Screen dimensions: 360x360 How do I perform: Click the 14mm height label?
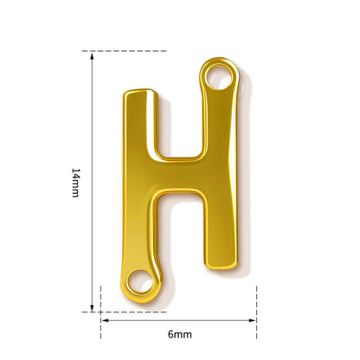pyautogui.click(x=75, y=183)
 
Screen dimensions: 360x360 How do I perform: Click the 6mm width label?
pyautogui.click(x=180, y=334)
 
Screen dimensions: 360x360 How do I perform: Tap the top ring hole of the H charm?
pyautogui.click(x=219, y=77)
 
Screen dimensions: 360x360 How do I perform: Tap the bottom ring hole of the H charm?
pyautogui.click(x=140, y=281)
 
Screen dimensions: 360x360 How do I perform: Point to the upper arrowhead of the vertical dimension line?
pyautogui.click(x=92, y=56)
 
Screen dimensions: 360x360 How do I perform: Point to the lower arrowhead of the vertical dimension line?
pyautogui.click(x=92, y=308)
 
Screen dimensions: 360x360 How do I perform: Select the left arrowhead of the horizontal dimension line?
pyautogui.click(x=105, y=320)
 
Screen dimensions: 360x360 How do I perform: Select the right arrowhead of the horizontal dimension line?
pyautogui.click(x=253, y=320)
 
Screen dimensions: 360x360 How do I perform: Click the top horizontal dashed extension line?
pyautogui.click(x=124, y=51)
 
